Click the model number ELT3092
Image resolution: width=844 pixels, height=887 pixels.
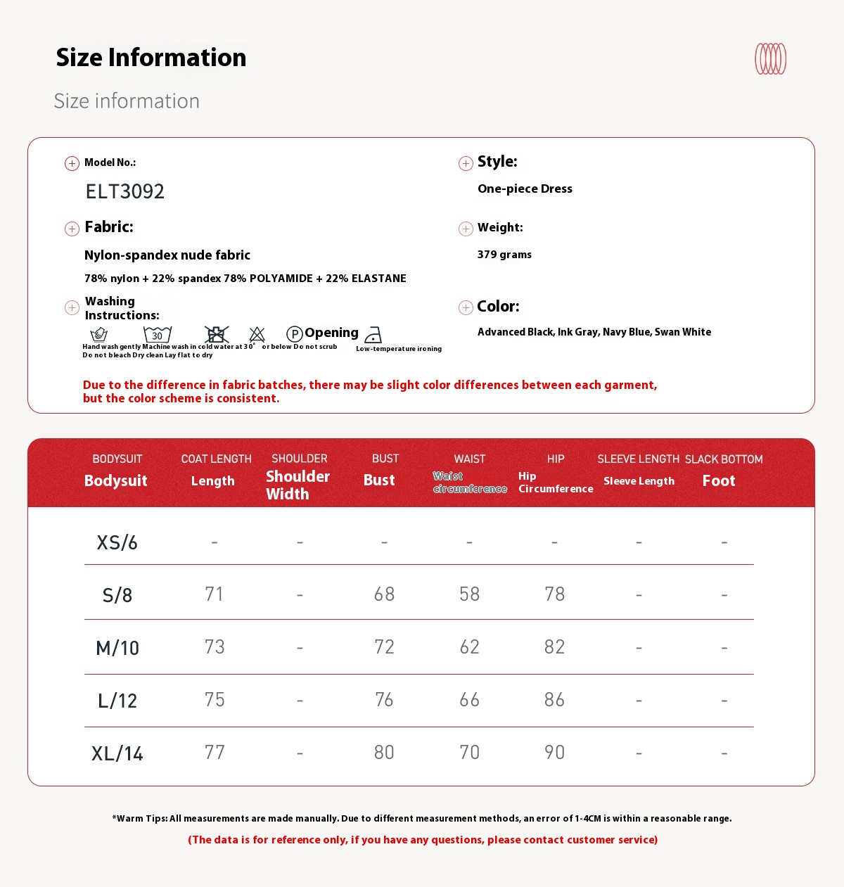[x=124, y=191]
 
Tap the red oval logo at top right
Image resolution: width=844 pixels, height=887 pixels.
[x=770, y=59]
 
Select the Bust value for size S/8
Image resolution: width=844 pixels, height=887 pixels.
[x=384, y=594]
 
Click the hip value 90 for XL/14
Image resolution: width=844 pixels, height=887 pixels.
[x=554, y=753]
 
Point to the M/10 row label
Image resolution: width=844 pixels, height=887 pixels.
[x=117, y=648]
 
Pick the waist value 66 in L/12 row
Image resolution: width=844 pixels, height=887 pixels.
[x=469, y=700]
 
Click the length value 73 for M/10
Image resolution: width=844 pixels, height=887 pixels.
[x=215, y=647]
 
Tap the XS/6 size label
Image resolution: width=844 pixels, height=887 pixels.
[x=117, y=542]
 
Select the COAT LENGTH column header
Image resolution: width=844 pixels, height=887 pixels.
[x=216, y=459]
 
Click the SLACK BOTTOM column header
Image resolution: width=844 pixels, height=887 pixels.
[x=724, y=459]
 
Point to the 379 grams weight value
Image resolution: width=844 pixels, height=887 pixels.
[x=504, y=255]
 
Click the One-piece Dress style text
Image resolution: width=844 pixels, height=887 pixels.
[x=525, y=189]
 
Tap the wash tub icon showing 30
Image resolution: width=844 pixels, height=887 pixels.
[x=158, y=334]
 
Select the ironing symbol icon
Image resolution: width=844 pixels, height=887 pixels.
[x=373, y=335]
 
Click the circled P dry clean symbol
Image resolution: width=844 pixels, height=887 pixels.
[x=295, y=334]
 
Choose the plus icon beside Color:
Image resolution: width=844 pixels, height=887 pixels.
[x=466, y=307]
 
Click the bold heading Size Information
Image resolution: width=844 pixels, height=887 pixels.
[x=151, y=58]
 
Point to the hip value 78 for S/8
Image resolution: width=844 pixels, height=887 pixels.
[x=554, y=594]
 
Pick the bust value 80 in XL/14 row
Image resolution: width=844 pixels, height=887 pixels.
[x=384, y=753]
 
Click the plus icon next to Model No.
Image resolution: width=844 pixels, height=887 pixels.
[x=72, y=163]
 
